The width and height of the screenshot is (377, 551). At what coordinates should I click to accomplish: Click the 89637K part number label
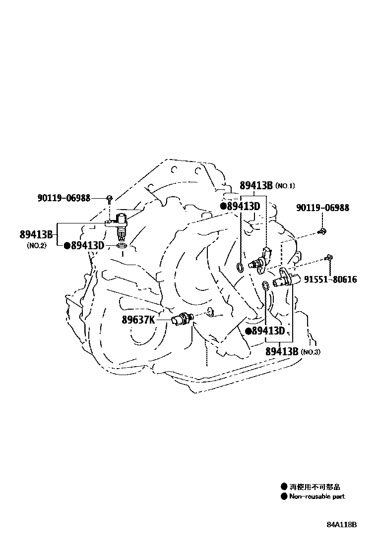click(x=138, y=320)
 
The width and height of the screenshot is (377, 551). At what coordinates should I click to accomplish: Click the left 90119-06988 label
click(x=63, y=198)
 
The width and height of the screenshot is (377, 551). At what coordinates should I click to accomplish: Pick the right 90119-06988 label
click(x=322, y=208)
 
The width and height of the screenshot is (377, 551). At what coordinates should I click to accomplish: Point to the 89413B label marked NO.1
click(x=256, y=186)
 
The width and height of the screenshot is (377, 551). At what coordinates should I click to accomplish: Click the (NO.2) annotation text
click(x=36, y=245)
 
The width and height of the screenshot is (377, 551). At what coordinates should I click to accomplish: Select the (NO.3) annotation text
click(x=311, y=352)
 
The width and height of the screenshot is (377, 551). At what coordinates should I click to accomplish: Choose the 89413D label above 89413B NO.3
click(x=268, y=331)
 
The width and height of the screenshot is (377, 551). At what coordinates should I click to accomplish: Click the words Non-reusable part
click(x=317, y=496)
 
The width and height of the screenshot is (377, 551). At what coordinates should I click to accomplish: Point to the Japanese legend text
click(x=314, y=487)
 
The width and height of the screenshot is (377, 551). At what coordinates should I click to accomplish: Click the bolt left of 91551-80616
click(x=329, y=257)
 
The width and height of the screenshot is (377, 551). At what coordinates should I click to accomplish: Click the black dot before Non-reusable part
click(x=284, y=496)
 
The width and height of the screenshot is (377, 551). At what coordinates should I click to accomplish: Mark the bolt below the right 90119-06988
click(x=323, y=230)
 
